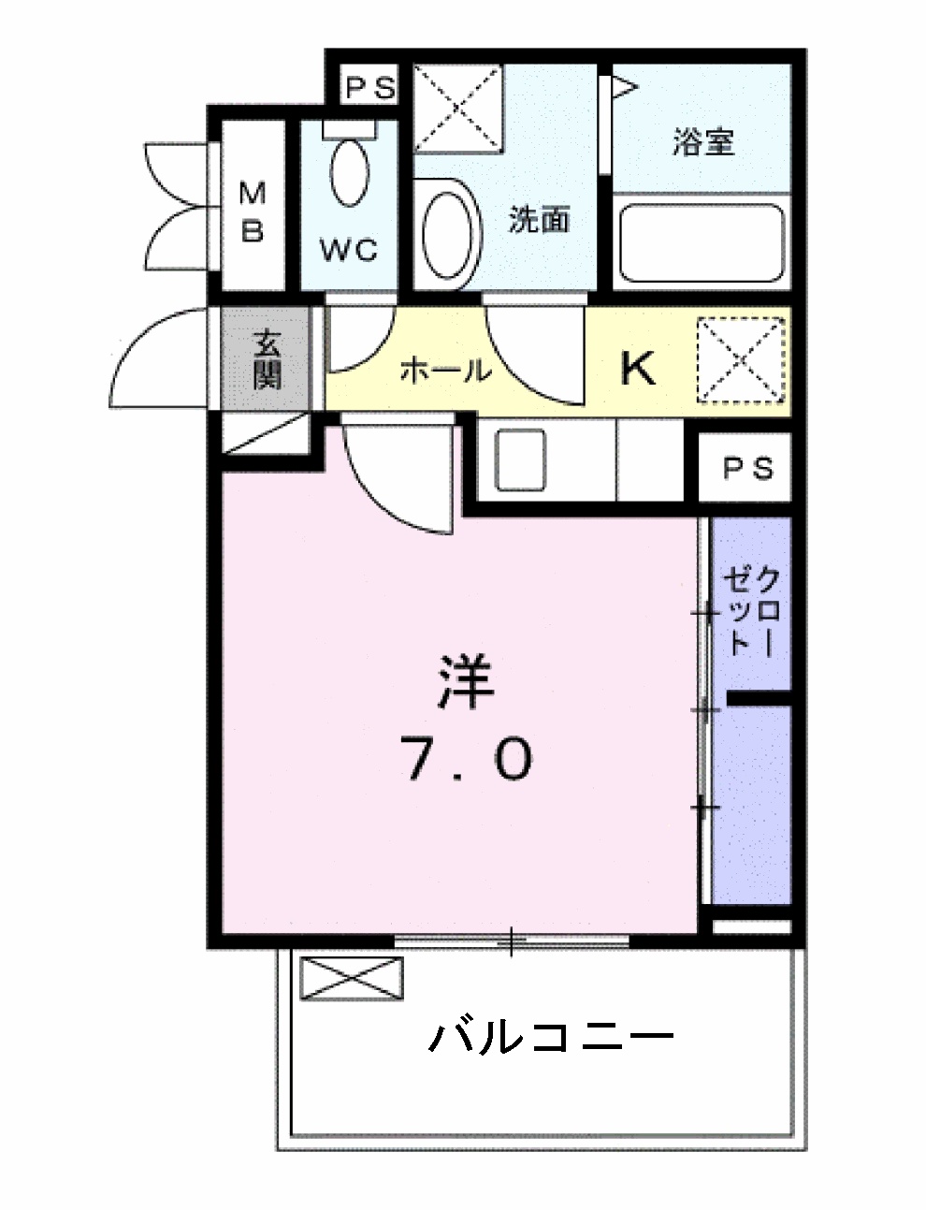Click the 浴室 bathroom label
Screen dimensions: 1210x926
[x=702, y=142]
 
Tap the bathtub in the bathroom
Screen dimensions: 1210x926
[x=702, y=241]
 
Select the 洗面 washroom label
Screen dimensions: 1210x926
[x=539, y=220]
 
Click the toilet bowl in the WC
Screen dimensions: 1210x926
[x=350, y=171]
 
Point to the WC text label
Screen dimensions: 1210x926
[x=349, y=250]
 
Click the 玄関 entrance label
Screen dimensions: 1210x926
[x=266, y=360]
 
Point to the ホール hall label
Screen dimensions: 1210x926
[x=445, y=372]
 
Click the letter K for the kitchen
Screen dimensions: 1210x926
[x=639, y=369]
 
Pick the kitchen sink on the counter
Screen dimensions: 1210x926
[x=519, y=459]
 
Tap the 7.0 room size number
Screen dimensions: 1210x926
[x=467, y=759]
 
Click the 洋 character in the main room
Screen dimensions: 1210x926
[x=467, y=683]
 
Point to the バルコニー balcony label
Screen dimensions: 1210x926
[x=552, y=1037]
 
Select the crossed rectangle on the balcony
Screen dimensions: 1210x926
[x=352, y=980]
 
